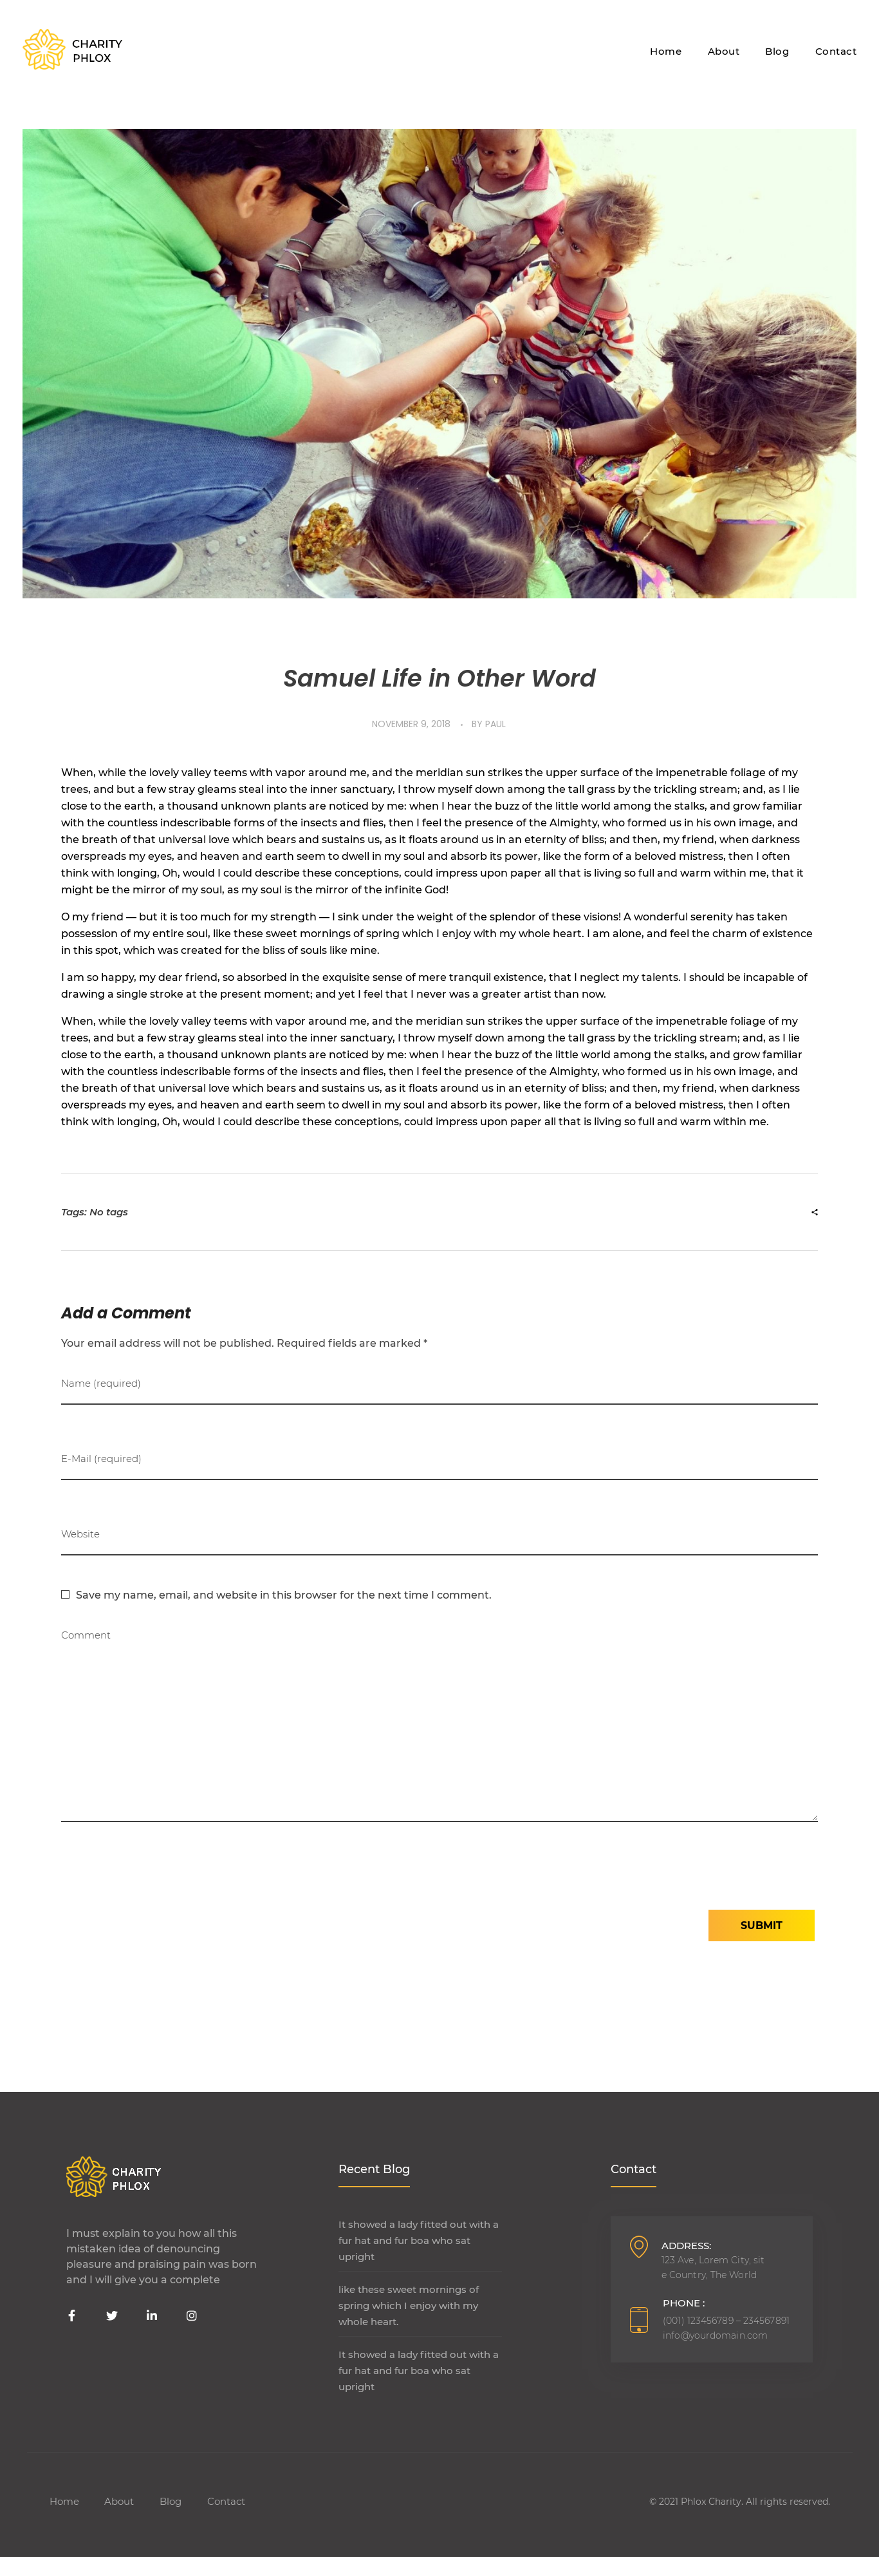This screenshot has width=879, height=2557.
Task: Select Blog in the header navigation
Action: tap(777, 52)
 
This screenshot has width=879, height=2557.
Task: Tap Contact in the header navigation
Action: tap(835, 52)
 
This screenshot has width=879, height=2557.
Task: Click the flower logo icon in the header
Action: tap(44, 50)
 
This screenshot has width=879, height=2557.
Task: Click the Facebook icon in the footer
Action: tap(71, 2316)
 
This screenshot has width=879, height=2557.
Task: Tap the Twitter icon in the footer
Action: tap(112, 2316)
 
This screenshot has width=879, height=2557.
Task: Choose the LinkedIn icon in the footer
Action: tap(152, 2316)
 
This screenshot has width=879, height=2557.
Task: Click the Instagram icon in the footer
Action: tap(192, 2316)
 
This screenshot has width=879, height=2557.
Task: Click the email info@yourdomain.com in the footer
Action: tap(714, 2335)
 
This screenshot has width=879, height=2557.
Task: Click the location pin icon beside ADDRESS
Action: tap(639, 2247)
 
